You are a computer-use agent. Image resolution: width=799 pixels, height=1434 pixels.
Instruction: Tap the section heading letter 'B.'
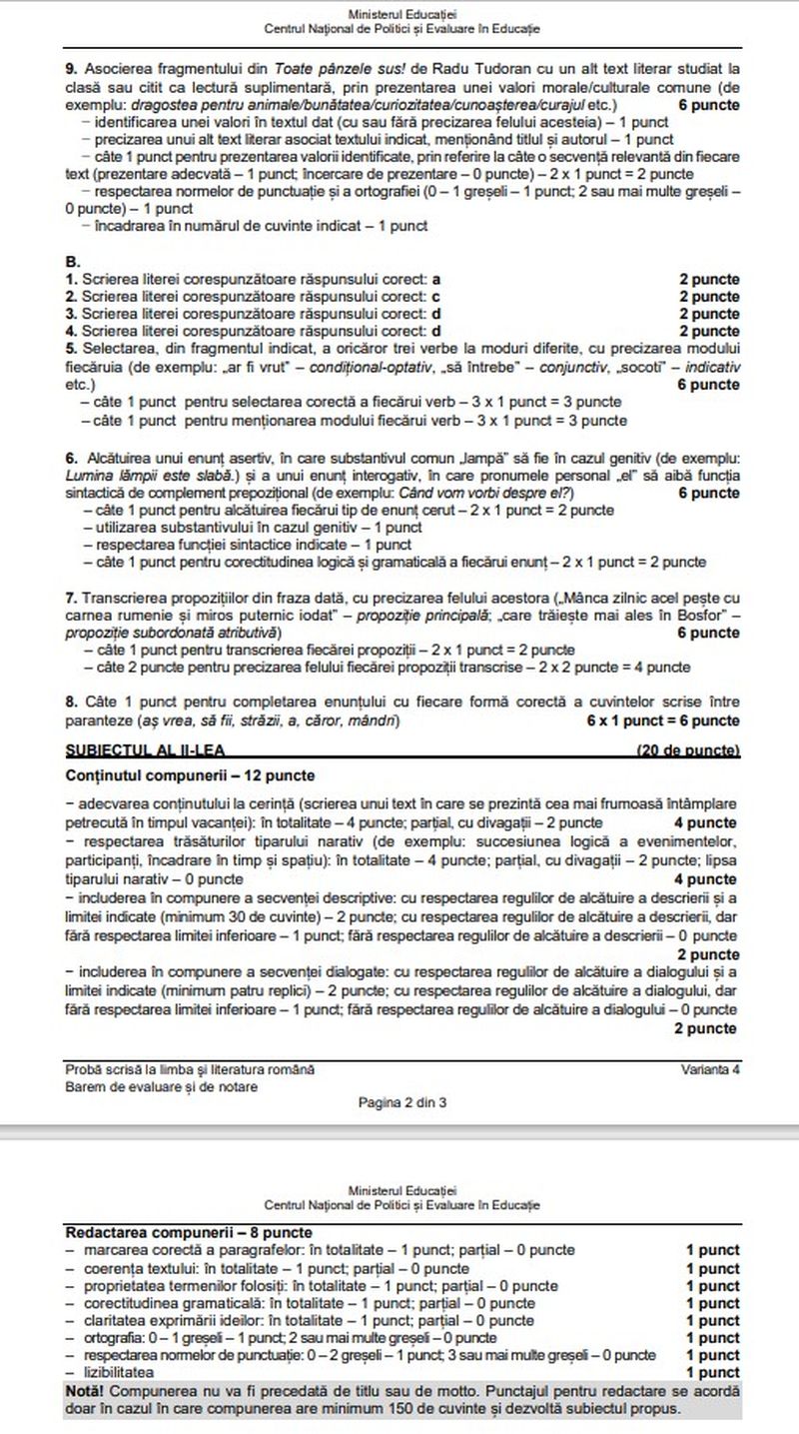[x=72, y=263]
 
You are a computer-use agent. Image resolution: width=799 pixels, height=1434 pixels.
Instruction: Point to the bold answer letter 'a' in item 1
[x=436, y=279]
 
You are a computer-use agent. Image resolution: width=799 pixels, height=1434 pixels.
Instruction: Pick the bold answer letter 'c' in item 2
[x=436, y=296]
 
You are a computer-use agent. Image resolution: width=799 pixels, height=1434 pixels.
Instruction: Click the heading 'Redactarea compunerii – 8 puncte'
[x=188, y=1233]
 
